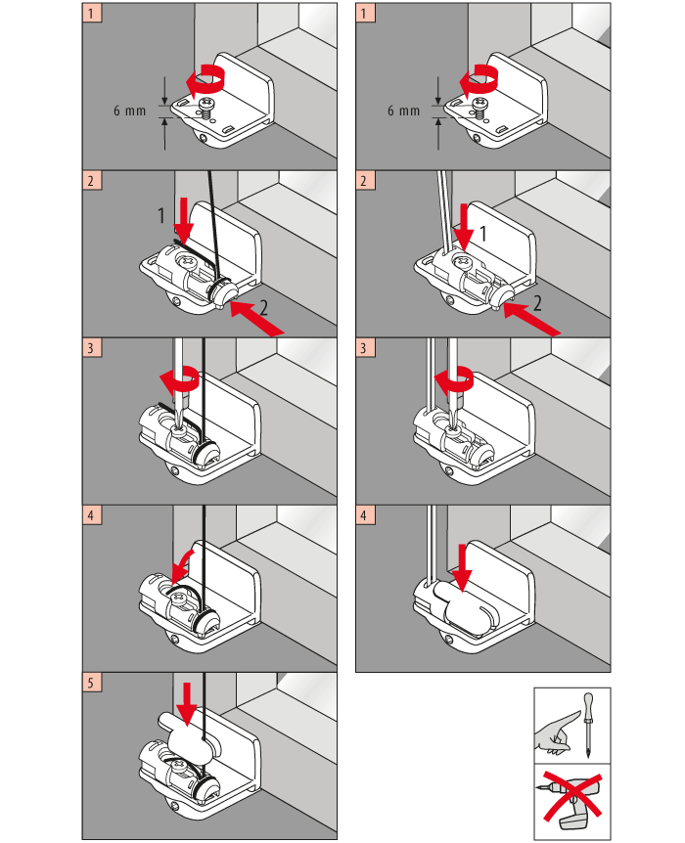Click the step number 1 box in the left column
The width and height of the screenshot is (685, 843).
click(91, 15)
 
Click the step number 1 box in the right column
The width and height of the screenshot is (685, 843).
click(365, 15)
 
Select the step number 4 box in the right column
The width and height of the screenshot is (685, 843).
click(365, 514)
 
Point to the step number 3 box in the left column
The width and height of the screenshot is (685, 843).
click(91, 348)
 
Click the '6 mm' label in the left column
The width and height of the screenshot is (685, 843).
click(128, 111)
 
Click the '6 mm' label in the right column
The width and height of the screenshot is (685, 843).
click(402, 111)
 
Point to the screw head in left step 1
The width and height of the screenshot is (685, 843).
click(207, 104)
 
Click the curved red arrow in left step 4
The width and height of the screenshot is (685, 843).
click(184, 564)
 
